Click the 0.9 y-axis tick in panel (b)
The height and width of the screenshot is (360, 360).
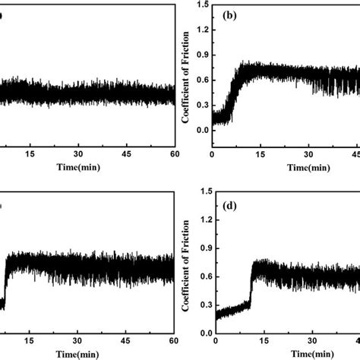point(201,55)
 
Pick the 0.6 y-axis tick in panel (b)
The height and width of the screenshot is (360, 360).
point(201,81)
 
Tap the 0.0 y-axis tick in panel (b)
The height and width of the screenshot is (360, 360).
point(201,130)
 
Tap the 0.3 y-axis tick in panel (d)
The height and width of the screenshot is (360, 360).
point(201,304)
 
